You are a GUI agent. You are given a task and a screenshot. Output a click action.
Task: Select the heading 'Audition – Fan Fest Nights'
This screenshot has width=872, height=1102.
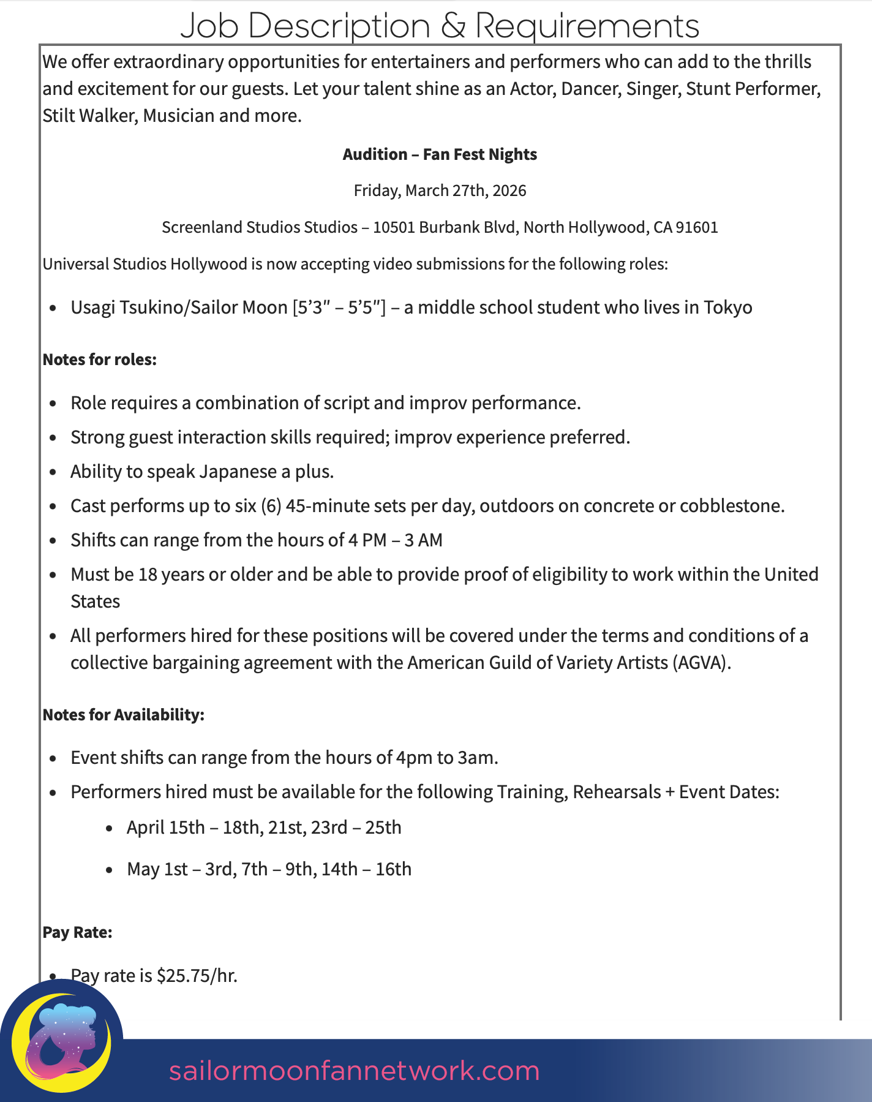440,154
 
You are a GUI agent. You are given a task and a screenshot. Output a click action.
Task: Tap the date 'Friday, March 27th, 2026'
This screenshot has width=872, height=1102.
440,191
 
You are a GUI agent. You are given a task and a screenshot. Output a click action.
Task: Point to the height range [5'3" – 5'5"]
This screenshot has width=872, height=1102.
339,307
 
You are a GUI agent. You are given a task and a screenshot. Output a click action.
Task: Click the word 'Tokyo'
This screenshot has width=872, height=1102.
727,307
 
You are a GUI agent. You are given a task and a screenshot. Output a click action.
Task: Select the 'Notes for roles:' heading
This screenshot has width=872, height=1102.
100,360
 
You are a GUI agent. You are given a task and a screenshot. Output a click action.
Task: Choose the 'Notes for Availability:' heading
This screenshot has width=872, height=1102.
123,715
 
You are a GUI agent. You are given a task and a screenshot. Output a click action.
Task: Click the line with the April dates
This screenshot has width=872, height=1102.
264,828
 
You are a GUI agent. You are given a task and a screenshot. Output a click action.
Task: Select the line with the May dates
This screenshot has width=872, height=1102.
269,869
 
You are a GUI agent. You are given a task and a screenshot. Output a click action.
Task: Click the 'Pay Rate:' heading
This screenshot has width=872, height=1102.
77,932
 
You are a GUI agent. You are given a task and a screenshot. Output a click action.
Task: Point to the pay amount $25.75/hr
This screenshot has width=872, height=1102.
197,975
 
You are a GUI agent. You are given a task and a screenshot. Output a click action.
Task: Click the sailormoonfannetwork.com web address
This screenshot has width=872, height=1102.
354,1071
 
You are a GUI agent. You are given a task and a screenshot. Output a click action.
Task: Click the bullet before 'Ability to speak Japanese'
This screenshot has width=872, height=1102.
55,472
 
